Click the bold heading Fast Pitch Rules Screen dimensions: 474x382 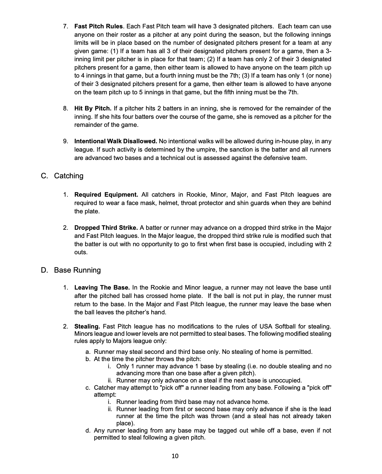[x=98, y=26]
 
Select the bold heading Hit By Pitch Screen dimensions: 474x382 [x=93, y=108]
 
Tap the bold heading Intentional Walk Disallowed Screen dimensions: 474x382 [x=116, y=141]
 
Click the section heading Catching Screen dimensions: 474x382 [x=69, y=176]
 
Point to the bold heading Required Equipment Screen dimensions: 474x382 [x=106, y=195]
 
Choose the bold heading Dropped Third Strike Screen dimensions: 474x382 [x=106, y=228]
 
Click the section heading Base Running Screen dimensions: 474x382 [x=77, y=270]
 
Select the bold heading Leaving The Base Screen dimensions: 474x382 [x=102, y=288]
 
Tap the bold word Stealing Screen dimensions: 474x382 [x=87, y=326]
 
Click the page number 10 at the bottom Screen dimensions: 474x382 [x=175, y=456]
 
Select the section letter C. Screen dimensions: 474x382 [x=44, y=176]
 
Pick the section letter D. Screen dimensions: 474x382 [x=44, y=270]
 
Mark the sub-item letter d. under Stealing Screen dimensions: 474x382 [x=88, y=431]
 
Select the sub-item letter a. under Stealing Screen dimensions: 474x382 [x=88, y=352]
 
